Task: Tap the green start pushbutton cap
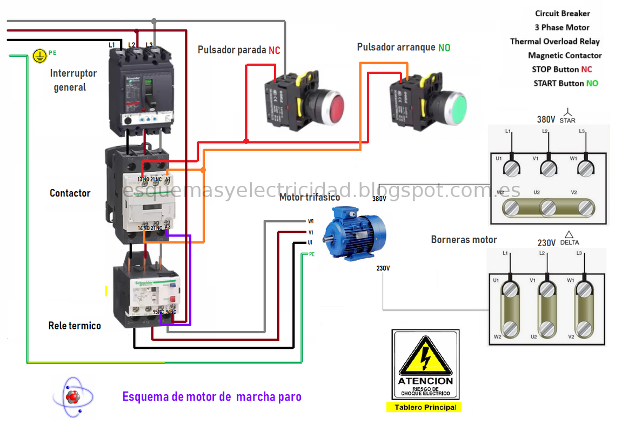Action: [456, 106]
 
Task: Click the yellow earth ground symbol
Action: [38, 55]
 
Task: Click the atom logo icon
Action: [72, 397]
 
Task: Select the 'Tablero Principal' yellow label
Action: [425, 407]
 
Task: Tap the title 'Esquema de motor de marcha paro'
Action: [212, 397]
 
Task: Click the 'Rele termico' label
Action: [75, 326]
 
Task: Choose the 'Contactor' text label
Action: [70, 193]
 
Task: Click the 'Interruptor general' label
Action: [73, 80]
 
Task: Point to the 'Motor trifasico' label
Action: [310, 198]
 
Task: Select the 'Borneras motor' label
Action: [464, 239]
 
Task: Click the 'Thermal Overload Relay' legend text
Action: [554, 42]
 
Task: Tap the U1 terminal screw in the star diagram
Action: [511, 169]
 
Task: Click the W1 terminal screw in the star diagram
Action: [584, 169]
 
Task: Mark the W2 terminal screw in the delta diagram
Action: [510, 328]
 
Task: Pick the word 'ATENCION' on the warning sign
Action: [425, 381]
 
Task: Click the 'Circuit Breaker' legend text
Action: [563, 13]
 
